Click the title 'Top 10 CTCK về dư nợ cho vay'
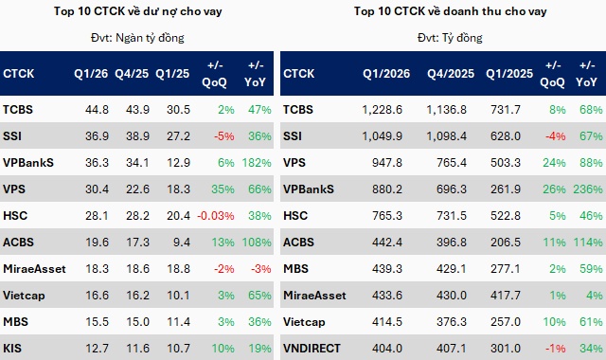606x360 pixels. coord(141,12)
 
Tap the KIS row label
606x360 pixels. coord(13,349)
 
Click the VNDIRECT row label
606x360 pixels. coord(313,349)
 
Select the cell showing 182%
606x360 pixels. coord(258,163)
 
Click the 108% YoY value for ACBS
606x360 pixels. coord(258,243)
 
